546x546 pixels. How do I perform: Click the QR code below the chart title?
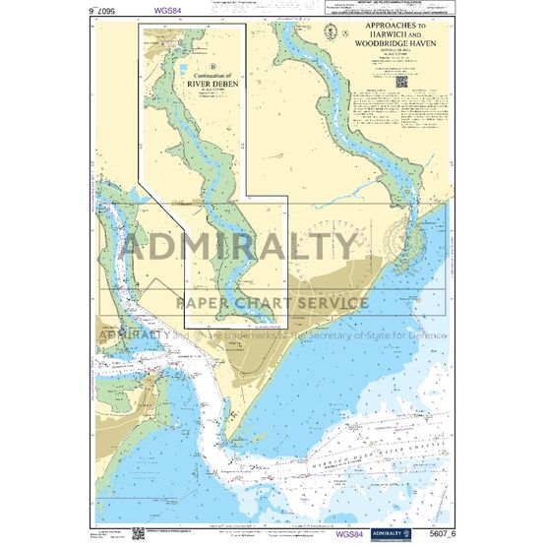402,82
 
